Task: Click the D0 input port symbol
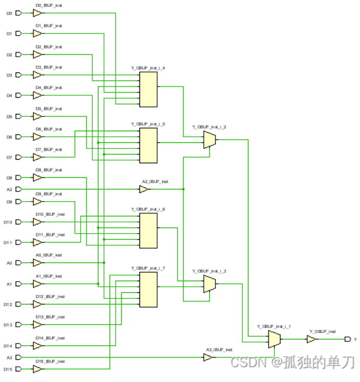19,13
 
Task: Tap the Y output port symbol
347,339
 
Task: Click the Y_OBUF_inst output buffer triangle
311,339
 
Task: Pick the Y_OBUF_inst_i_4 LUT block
148,89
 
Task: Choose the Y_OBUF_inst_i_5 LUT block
148,145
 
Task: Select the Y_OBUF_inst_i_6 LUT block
148,231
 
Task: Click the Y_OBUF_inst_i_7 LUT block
148,290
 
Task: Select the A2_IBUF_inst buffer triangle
145,189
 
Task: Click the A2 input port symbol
19,189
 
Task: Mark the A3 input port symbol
19,358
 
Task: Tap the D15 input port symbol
19,369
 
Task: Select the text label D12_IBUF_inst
50,296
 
